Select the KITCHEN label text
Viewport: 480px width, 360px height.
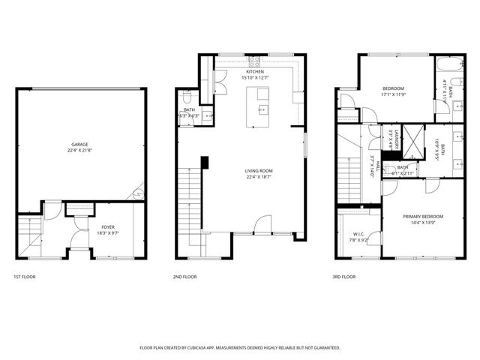coord(253,71)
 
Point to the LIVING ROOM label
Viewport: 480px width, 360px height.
coord(259,171)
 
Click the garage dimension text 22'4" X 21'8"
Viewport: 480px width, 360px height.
coord(80,150)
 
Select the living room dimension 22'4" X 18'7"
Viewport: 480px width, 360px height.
coord(259,178)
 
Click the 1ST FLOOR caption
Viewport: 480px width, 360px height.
coord(24,277)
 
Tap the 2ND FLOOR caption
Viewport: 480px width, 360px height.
coord(184,277)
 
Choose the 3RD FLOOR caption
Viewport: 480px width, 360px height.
coord(343,277)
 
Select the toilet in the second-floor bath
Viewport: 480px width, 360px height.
coord(187,97)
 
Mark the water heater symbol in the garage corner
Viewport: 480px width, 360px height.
coord(137,195)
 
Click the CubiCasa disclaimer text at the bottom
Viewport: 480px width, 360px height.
coord(240,348)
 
